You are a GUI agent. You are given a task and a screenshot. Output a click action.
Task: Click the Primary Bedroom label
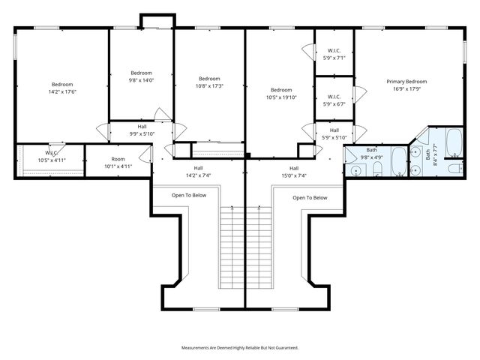(x=406, y=81)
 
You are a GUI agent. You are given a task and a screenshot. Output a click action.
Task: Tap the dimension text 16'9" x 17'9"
(x=406, y=88)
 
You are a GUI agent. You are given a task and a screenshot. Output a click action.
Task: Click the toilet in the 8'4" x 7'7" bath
(x=455, y=167)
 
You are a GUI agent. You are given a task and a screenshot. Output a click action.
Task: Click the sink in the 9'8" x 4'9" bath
(x=356, y=171)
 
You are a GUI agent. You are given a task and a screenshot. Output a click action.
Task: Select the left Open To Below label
(x=188, y=195)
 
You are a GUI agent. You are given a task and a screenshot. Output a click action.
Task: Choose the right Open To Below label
(x=310, y=198)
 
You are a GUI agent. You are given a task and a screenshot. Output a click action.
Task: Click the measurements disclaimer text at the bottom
(x=240, y=348)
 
